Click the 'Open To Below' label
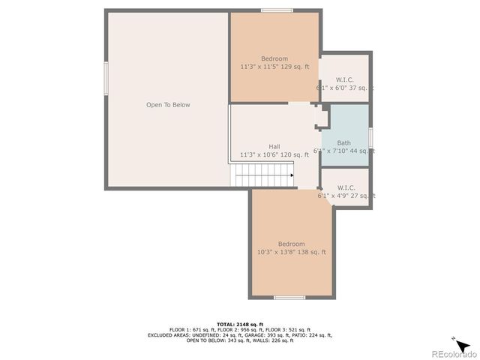[x=168, y=105]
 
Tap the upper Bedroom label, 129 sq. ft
[x=274, y=59]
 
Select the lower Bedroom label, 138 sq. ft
[x=291, y=244]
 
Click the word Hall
[x=274, y=146]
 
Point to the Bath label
[x=343, y=143]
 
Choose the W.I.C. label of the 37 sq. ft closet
[x=345, y=79]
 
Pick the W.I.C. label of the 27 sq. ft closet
[x=346, y=187]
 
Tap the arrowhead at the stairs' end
[x=291, y=175]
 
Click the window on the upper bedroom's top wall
[x=271, y=10]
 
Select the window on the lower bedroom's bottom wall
[x=289, y=298]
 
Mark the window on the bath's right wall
[x=371, y=139]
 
